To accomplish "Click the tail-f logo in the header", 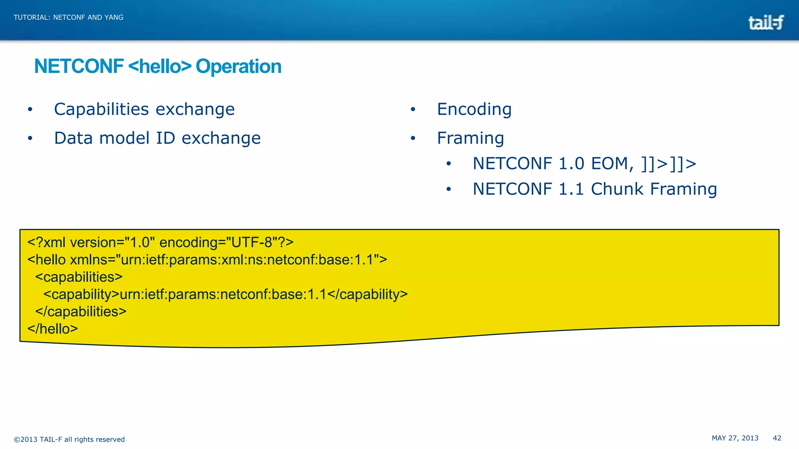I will [765, 23].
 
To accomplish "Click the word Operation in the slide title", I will [238, 66].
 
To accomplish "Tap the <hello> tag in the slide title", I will [160, 66].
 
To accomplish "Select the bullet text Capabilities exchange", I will [144, 109].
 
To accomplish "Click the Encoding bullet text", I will [474, 109].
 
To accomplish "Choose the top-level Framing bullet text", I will [470, 138].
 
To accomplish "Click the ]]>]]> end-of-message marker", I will [669, 163].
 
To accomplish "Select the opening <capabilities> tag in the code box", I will [79, 277].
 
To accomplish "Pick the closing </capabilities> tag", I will [81, 311].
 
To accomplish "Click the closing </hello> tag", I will [53, 329].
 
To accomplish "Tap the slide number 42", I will [777, 438].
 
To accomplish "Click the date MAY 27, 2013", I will [735, 438].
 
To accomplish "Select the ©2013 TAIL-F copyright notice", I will [69, 439].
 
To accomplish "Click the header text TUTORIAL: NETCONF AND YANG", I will [69, 17].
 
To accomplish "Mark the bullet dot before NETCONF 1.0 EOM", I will [449, 164].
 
